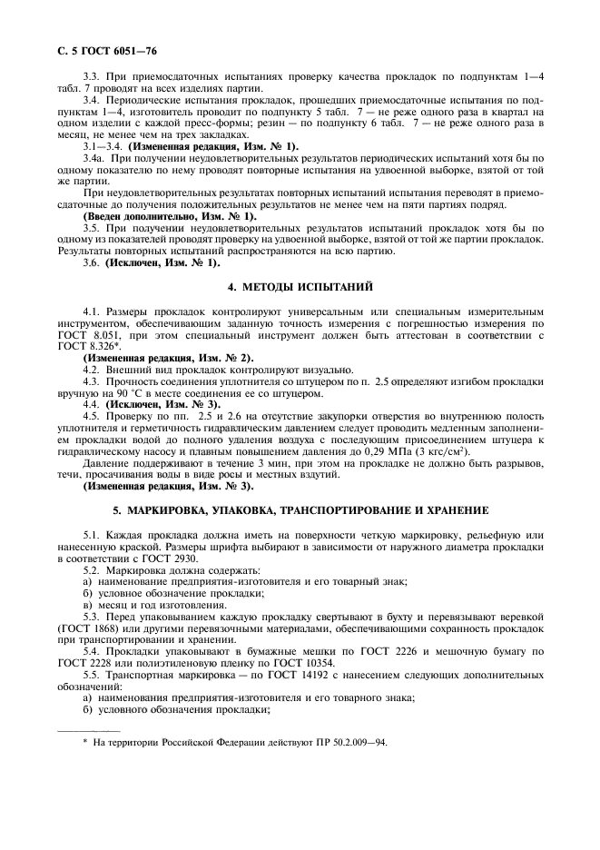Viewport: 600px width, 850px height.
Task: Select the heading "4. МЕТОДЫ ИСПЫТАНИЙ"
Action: click(x=300, y=287)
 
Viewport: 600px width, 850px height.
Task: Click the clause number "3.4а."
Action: click(x=94, y=159)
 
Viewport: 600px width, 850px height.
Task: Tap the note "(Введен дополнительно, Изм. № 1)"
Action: click(x=170, y=216)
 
